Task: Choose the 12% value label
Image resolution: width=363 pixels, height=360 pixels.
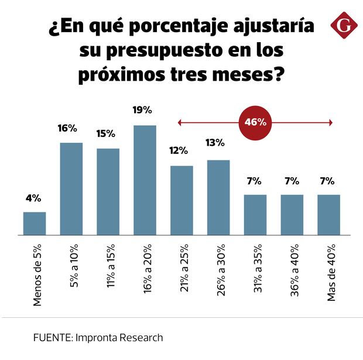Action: [180, 150]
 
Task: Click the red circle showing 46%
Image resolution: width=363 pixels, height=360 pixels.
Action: [255, 122]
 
